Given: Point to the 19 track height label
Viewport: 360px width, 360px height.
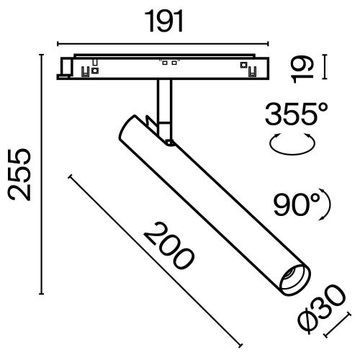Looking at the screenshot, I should coord(302,68).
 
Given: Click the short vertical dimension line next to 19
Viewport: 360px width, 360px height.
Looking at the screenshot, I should coord(325,67).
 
